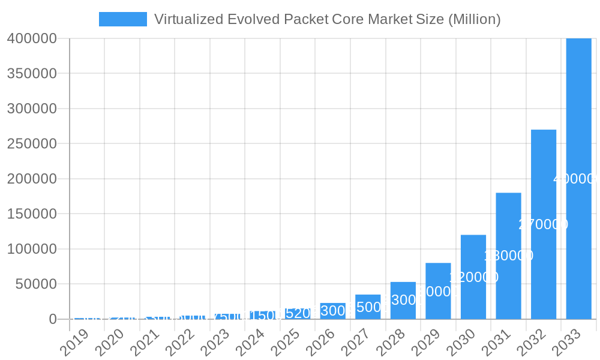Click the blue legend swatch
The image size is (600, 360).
click(122, 19)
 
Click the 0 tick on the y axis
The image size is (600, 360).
click(53, 319)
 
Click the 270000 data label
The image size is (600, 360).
click(544, 224)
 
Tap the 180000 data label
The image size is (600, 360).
click(508, 256)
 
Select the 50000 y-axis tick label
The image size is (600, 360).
click(35, 284)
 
